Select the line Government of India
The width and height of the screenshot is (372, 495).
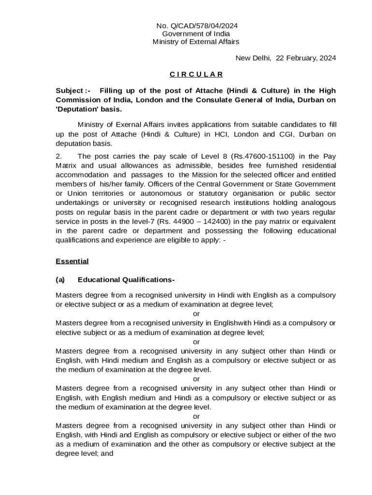tap(196, 34)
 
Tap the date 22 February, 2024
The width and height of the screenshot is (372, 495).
tap(306, 58)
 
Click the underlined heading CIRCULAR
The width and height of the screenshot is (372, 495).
tap(196, 74)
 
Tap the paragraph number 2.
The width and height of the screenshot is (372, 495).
tap(58, 156)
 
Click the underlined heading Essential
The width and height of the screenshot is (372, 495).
tap(72, 262)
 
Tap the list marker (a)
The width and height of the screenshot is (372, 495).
tap(60, 280)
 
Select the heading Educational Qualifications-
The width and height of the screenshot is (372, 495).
tap(126, 280)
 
